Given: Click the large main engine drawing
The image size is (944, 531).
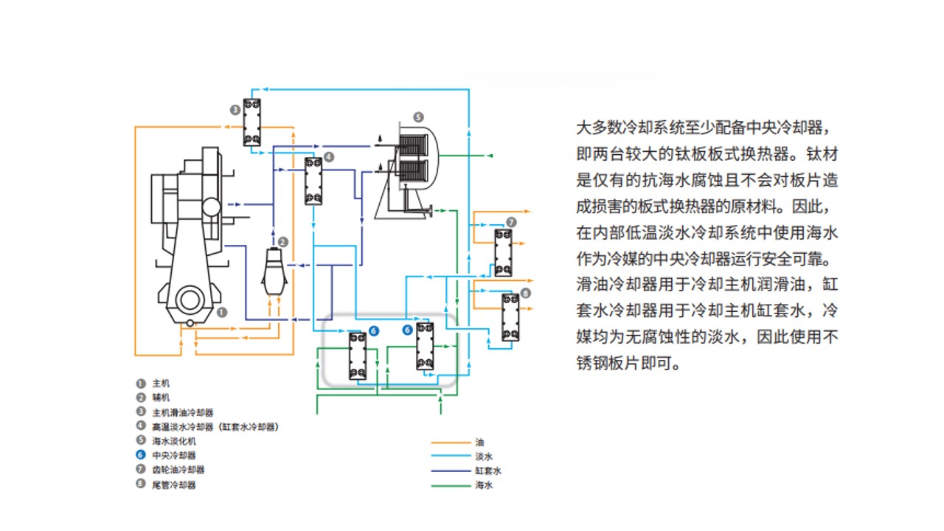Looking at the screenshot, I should [x=189, y=236].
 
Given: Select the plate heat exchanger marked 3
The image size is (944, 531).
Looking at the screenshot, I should [x=252, y=122].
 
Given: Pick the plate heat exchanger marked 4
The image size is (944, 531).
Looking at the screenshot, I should [x=313, y=181].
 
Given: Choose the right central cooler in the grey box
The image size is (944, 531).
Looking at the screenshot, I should [x=425, y=347].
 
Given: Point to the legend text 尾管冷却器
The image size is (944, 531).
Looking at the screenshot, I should [x=173, y=485].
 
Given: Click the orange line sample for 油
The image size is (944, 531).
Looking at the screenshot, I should [x=451, y=442].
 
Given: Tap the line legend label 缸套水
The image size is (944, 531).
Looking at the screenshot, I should [x=488, y=471].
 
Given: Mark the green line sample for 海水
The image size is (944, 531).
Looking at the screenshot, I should [x=451, y=485].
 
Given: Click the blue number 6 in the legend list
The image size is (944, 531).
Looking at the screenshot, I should [x=140, y=456].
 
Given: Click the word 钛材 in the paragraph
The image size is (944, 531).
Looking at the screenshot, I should [x=823, y=156].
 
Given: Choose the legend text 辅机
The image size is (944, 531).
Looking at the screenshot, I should [x=161, y=398].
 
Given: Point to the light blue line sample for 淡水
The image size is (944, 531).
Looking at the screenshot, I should [x=451, y=457].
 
